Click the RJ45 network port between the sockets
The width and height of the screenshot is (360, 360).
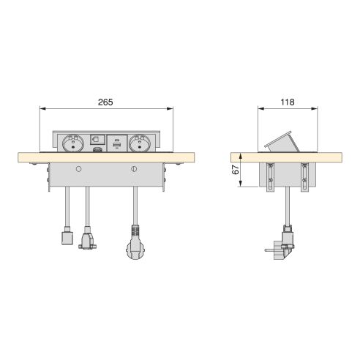[x=97, y=139]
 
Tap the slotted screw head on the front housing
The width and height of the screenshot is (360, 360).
[x=134, y=170]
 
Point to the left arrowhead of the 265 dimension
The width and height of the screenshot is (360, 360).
[x=41, y=108]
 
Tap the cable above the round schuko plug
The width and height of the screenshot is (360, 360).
[x=134, y=208]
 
